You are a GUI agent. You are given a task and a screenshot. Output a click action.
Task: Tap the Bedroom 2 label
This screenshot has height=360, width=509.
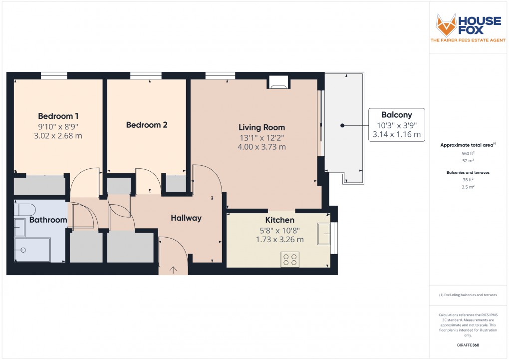tap(146, 125)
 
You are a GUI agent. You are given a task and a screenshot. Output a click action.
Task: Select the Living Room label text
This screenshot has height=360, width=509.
tap(261, 127)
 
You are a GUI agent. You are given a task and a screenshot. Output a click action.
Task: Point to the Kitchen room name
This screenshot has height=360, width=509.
tap(279, 220)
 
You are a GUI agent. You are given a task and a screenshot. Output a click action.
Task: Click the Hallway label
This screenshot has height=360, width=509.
tap(186, 218)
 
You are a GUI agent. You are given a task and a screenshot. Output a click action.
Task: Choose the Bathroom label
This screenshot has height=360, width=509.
tap(48, 220)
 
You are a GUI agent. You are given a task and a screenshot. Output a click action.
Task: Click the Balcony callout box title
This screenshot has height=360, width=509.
tap(397, 114)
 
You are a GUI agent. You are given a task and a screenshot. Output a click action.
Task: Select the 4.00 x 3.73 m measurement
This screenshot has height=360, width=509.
tap(261, 147)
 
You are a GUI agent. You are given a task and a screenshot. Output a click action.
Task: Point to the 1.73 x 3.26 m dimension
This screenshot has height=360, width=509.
tap(279, 240)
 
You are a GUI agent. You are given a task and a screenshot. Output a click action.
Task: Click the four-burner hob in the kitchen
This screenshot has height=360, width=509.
tap(289, 260)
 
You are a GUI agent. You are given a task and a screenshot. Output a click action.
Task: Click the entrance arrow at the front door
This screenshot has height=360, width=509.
tap(174, 270)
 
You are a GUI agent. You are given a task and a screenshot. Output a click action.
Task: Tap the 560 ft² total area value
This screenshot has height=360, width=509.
tap(468, 154)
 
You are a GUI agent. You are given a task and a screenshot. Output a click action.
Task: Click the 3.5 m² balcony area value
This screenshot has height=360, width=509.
tap(468, 186)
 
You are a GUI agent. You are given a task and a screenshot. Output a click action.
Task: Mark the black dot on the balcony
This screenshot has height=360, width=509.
tap(342, 126)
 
